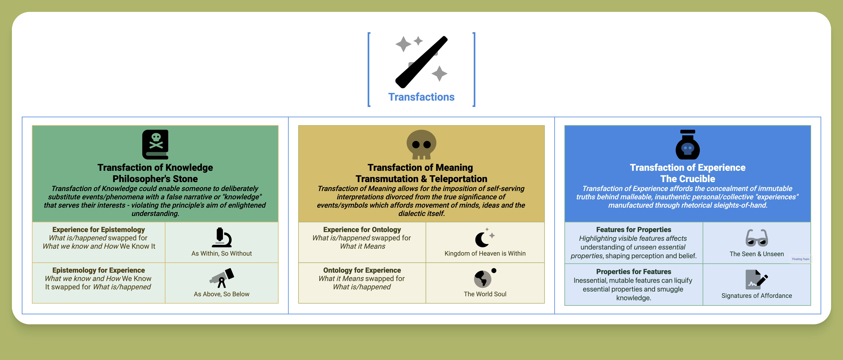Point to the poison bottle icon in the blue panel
(688, 144)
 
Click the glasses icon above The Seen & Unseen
(757, 238)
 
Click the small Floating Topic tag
(800, 259)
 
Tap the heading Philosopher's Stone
(155, 179)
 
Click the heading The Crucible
(688, 179)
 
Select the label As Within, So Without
(222, 253)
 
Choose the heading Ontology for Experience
(362, 270)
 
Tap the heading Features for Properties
(634, 229)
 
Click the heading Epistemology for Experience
(99, 270)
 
